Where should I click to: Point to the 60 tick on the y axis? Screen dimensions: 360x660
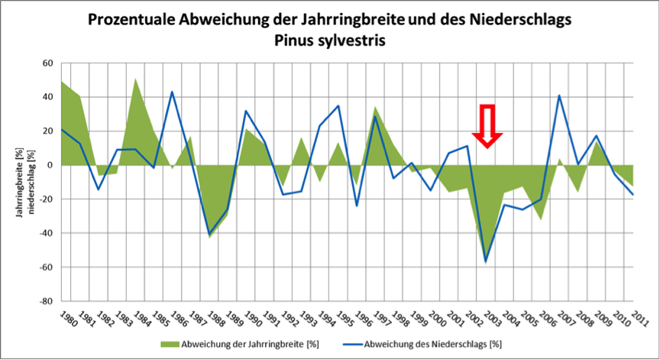47,63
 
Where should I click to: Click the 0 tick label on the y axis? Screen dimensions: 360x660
50,165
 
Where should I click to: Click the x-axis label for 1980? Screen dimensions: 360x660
68,319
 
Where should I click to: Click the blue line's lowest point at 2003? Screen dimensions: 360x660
485,261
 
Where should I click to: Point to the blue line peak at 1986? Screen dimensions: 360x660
172,92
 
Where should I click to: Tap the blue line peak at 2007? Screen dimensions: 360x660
559,96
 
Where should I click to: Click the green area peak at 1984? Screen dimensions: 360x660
135,79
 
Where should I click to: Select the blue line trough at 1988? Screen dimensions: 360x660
209,234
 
